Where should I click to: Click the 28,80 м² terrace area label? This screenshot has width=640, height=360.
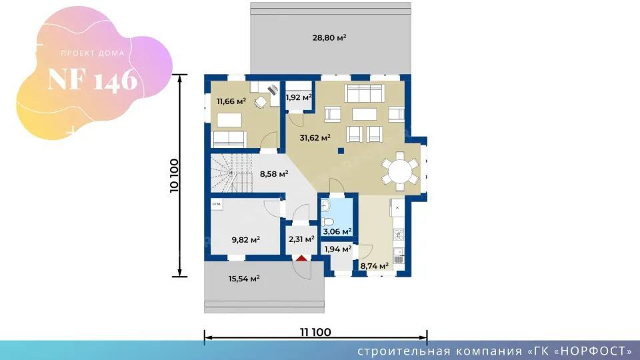click(329, 37)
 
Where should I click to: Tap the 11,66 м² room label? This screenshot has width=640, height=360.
click(231, 101)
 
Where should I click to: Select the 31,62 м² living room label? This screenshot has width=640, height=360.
click(315, 137)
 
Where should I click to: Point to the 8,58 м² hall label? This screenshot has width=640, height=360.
click(274, 174)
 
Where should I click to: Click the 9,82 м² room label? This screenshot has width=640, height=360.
click(246, 240)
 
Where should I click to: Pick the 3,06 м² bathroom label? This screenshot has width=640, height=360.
click(337, 232)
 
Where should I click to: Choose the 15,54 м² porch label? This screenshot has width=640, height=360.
click(244, 279)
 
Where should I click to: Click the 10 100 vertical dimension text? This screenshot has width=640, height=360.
click(174, 175)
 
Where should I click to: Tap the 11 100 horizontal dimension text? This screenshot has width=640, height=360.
click(315, 332)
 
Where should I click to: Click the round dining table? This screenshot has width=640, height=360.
click(400, 171)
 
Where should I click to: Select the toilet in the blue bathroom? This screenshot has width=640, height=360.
click(327, 222)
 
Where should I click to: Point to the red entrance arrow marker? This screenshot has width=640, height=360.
click(301, 259)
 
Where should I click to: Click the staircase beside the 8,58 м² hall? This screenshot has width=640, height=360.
click(231, 173)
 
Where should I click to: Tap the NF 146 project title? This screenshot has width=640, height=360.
click(93, 79)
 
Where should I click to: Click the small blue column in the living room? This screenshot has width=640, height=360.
click(341, 151)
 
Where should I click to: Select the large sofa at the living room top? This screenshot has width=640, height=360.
click(365, 93)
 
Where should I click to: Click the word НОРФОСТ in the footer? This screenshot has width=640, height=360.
click(592, 351)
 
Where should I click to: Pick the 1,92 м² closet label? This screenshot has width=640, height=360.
click(299, 97)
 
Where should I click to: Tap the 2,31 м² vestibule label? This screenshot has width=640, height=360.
click(301, 239)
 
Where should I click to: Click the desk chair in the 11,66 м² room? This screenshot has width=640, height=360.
click(261, 102)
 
